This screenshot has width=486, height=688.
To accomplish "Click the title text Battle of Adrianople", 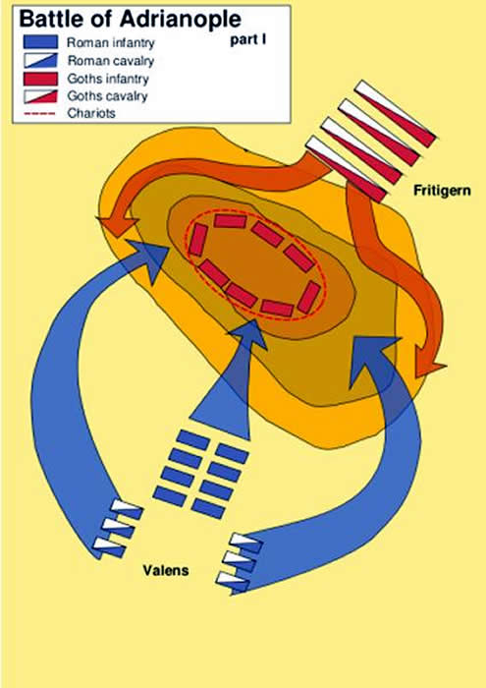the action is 131,20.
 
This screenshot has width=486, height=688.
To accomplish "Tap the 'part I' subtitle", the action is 248,40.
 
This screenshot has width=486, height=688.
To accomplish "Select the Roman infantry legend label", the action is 110,43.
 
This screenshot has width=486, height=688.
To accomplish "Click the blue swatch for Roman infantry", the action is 40,41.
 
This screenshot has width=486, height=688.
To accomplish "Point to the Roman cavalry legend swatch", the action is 40,60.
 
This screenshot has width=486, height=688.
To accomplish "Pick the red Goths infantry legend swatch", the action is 40,79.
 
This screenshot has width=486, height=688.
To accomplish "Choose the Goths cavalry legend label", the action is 107,96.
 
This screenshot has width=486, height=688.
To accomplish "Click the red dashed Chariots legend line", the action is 39,113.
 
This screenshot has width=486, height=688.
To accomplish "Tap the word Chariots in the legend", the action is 91,113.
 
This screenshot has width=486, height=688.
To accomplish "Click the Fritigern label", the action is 442,191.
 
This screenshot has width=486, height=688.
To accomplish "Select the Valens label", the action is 166,570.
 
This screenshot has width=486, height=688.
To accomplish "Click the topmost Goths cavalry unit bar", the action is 396,112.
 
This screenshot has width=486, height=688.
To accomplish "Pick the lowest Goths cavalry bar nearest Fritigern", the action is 346,169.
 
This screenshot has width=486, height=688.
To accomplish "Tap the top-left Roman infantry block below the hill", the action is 192,439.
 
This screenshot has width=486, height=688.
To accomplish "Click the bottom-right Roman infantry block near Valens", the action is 208,509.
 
